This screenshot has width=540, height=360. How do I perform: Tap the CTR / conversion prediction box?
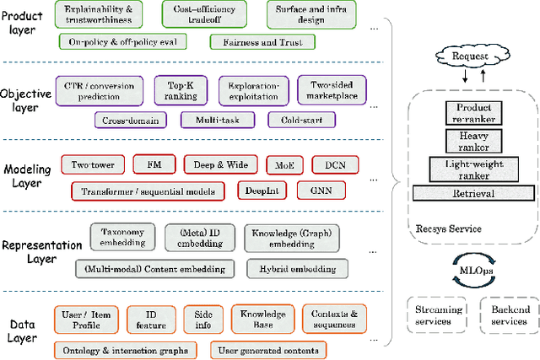pos(100,89)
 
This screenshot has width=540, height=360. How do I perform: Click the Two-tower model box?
pos(93,164)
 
